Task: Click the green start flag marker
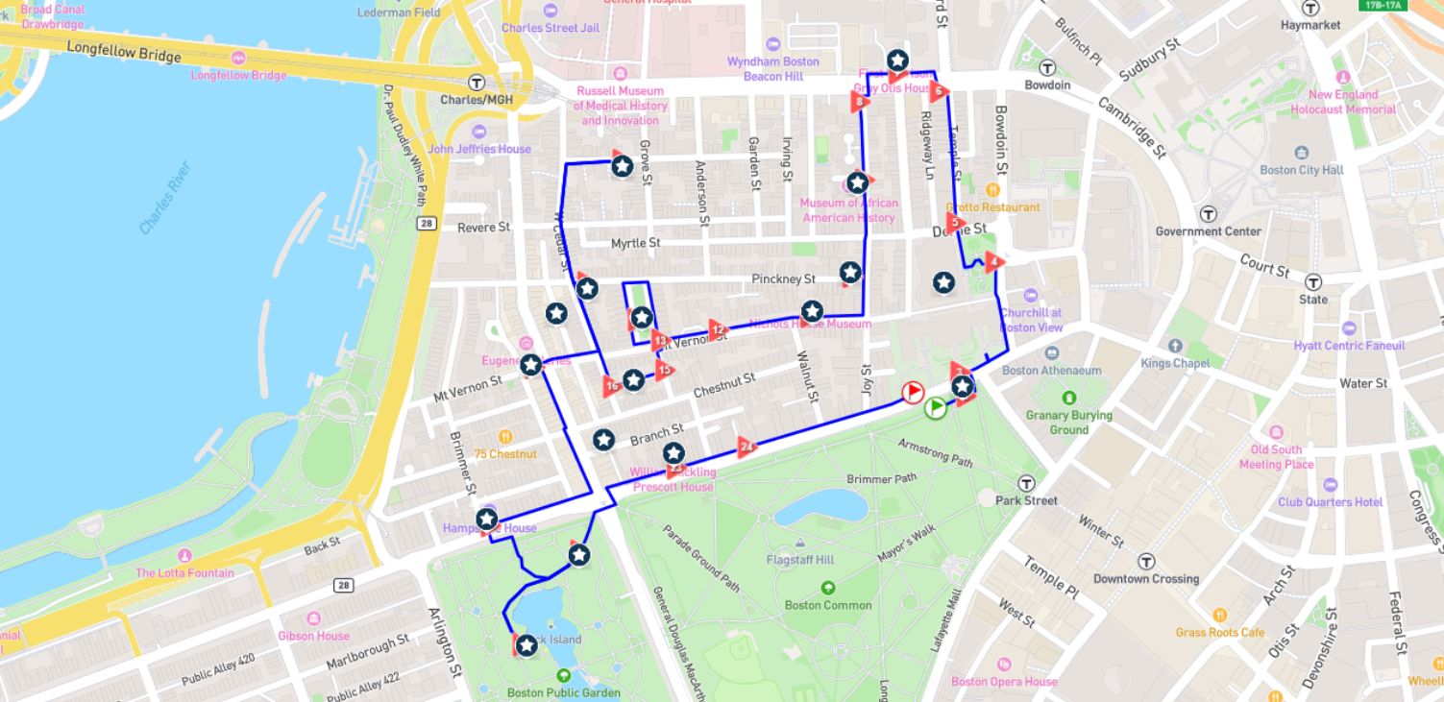pyautogui.click(x=936, y=407)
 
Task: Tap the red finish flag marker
pyautogui.click(x=912, y=392)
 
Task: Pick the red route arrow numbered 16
pyautogui.click(x=612, y=387)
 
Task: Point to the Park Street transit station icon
pyautogui.click(x=1027, y=483)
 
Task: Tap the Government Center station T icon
pyautogui.click(x=1209, y=213)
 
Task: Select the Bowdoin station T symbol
pyautogui.click(x=1047, y=67)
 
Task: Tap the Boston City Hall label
pyautogui.click(x=1301, y=170)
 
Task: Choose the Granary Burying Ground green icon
pyautogui.click(x=1068, y=398)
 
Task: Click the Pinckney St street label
pyautogui.click(x=783, y=279)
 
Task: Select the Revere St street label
pyautogui.click(x=483, y=228)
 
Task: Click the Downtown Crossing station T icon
pyautogui.click(x=1146, y=561)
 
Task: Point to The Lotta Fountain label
pyautogui.click(x=184, y=573)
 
